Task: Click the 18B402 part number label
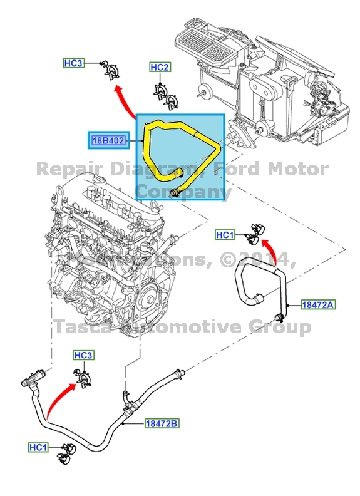tap(108, 141)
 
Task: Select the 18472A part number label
tap(319, 305)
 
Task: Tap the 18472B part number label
tap(162, 424)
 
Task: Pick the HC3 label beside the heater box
tap(73, 63)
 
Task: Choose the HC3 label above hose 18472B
tap(83, 356)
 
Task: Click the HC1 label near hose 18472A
tap(225, 235)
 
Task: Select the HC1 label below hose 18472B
tap(38, 447)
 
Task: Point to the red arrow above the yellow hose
tap(124, 102)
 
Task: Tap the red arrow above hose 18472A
tap(266, 246)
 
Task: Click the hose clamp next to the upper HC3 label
tap(112, 71)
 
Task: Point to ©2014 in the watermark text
tap(257, 259)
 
